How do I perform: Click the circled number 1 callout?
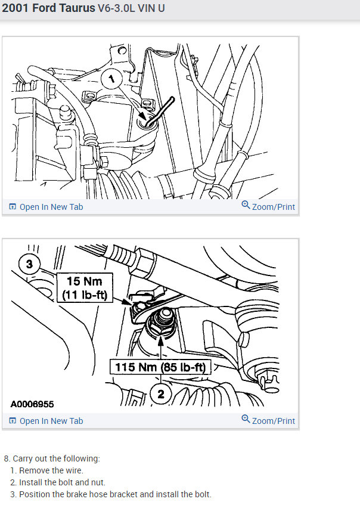pos(111,79)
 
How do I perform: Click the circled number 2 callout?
pos(159,392)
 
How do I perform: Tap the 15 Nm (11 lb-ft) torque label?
pos(84,287)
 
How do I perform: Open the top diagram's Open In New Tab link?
pos(51,207)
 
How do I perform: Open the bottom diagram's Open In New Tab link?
pos(51,421)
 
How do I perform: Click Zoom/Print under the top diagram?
pos(273,207)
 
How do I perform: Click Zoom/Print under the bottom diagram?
pos(273,421)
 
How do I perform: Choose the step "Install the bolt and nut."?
pos(62,482)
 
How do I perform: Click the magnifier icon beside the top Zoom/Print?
pos(246,206)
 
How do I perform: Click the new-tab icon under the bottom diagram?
pos(12,421)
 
